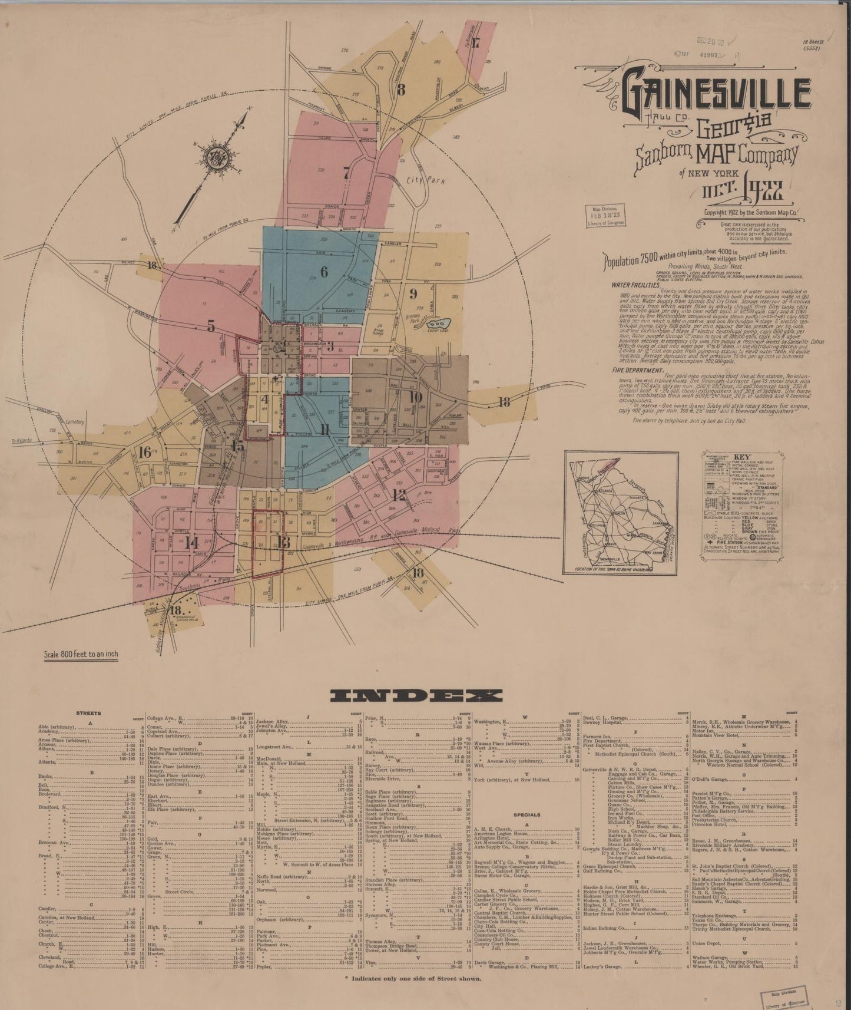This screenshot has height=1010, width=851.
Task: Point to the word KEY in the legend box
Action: point(743,457)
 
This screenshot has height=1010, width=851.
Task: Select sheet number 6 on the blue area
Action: point(323,272)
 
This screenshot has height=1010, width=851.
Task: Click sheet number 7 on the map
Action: point(346,173)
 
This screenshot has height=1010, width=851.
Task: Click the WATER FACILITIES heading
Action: point(634,284)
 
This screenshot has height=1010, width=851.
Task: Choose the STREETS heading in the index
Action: point(89,713)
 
